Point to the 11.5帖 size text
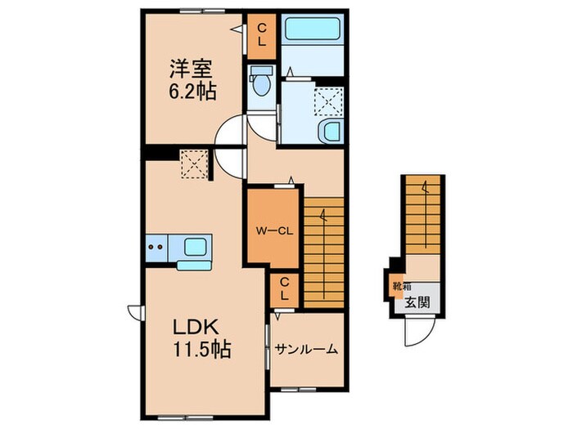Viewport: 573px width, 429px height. [201, 351]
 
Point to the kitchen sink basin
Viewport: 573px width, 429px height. [195, 246]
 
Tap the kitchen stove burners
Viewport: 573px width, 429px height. [157, 244]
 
